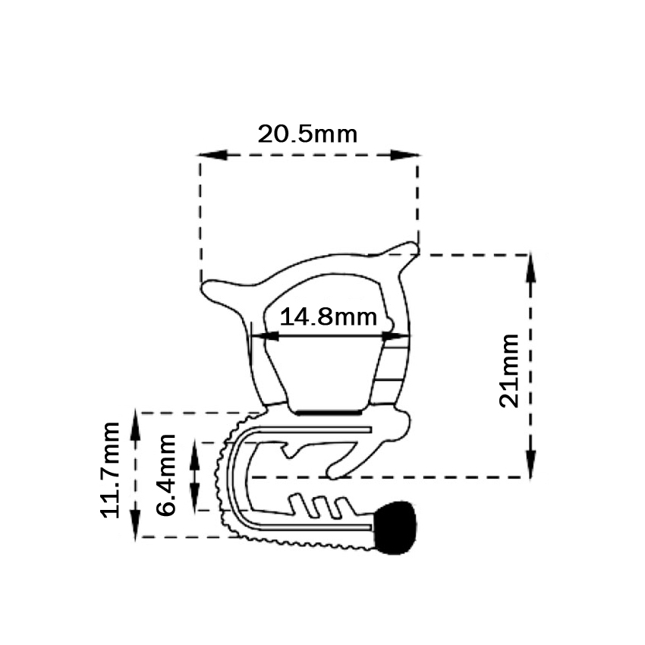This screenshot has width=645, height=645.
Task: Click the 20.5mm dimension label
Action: click(x=307, y=134)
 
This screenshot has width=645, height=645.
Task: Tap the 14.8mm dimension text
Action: click(x=329, y=317)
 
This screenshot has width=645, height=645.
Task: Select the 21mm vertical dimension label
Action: click(x=508, y=371)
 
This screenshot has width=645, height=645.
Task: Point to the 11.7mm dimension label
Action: click(x=109, y=470)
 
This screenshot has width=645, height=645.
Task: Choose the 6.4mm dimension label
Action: click(x=165, y=475)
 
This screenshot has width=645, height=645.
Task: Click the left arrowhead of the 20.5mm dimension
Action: click(x=212, y=155)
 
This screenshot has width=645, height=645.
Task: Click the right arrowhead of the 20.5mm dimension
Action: click(x=405, y=155)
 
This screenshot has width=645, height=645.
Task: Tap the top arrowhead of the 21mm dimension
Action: click(x=530, y=268)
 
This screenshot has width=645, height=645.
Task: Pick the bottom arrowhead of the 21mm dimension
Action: click(x=530, y=464)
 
